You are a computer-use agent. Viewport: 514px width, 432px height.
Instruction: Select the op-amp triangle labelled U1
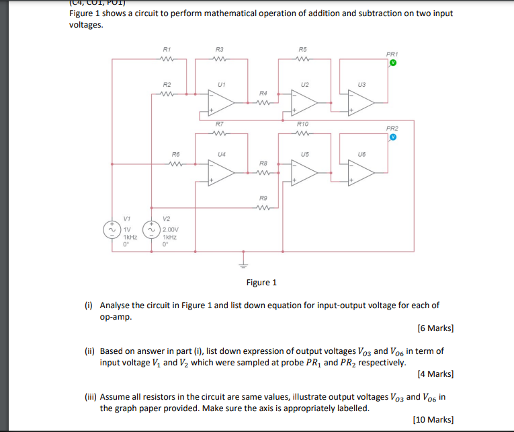click(x=221, y=102)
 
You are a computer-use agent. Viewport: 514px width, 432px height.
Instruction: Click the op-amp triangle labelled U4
click(x=221, y=172)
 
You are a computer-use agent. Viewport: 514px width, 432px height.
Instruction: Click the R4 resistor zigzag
click(x=264, y=103)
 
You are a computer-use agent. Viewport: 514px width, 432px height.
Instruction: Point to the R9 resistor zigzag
click(x=264, y=207)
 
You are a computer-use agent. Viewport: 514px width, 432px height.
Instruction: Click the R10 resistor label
click(x=303, y=124)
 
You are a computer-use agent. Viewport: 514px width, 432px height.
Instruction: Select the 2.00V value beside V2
click(x=169, y=229)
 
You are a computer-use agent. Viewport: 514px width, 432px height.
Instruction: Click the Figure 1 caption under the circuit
click(x=261, y=283)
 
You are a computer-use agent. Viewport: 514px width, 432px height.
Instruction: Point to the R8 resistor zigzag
click(x=264, y=173)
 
